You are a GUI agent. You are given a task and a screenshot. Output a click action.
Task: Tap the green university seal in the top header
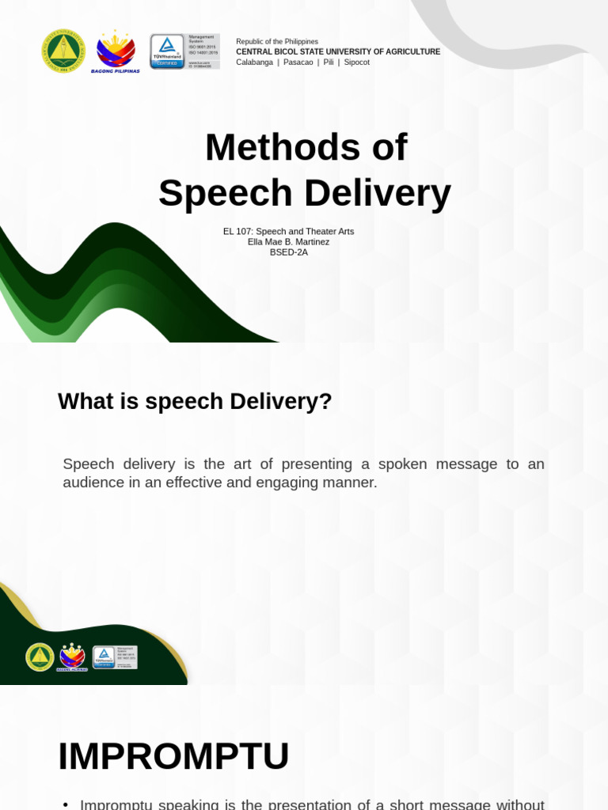click(x=63, y=51)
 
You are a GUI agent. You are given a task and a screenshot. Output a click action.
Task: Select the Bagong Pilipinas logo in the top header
click(x=116, y=51)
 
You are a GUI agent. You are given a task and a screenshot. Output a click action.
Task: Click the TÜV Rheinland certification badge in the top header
click(x=184, y=51)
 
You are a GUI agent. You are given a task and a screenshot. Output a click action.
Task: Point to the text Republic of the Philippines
click(x=277, y=41)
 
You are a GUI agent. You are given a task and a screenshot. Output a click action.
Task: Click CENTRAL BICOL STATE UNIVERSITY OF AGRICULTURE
click(x=338, y=51)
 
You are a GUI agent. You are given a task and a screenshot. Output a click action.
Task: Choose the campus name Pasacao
click(x=298, y=62)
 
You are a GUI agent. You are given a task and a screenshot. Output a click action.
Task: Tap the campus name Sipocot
click(x=356, y=62)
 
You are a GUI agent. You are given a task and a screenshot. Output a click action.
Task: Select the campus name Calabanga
click(x=254, y=62)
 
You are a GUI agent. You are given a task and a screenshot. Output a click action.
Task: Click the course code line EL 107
click(x=288, y=232)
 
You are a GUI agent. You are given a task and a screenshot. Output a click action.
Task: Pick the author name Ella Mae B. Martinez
click(x=288, y=242)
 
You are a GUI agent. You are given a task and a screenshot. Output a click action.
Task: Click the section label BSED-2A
click(x=288, y=252)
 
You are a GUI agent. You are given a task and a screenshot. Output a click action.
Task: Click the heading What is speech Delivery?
click(x=195, y=401)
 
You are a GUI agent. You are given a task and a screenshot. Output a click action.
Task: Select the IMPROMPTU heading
click(x=173, y=756)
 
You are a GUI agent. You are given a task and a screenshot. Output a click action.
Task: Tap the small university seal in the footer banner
click(x=40, y=657)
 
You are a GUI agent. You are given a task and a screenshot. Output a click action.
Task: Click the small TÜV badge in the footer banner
click(x=115, y=657)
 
